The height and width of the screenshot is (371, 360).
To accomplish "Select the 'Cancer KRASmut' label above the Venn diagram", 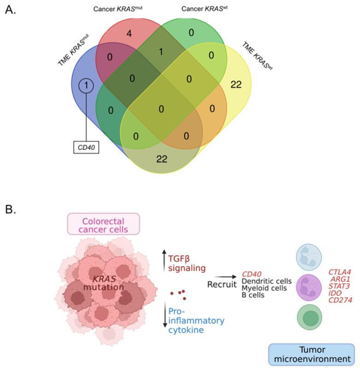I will [x=117, y=9].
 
